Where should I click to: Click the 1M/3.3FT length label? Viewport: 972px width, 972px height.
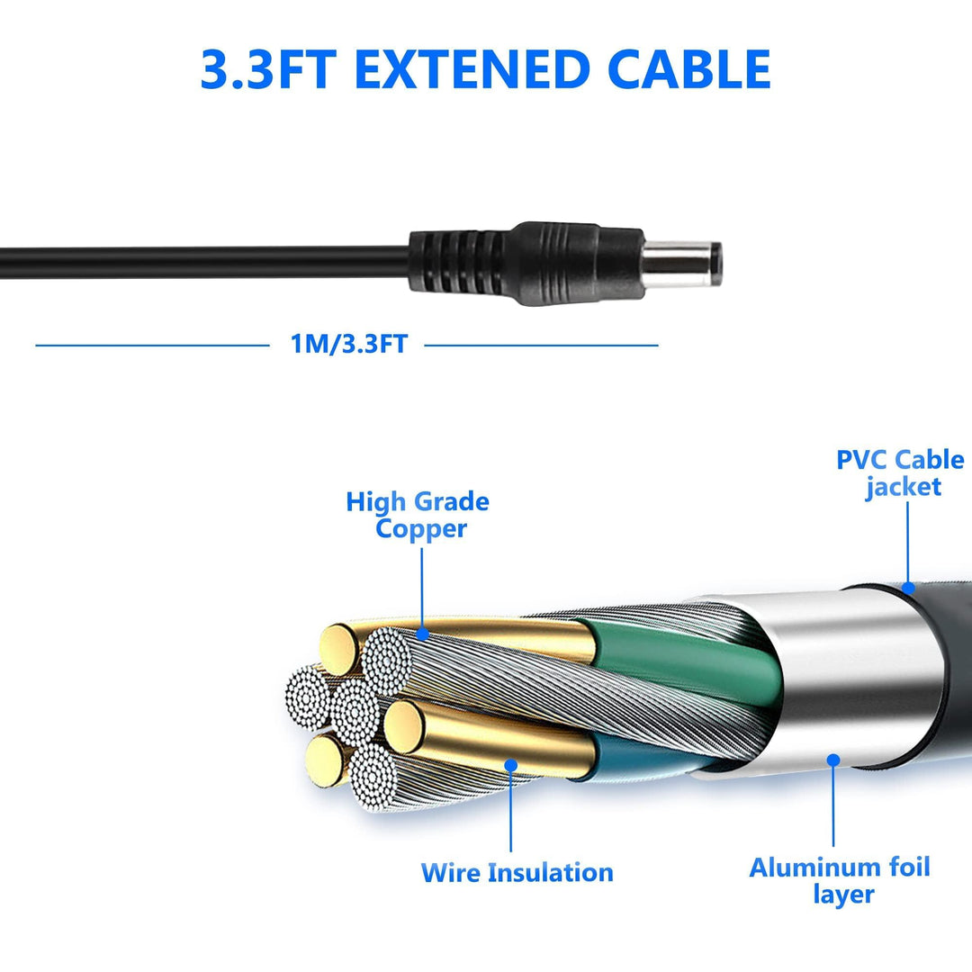[x=349, y=344]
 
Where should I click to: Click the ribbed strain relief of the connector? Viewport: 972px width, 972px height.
[x=459, y=263]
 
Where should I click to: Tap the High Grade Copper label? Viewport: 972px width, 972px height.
[x=418, y=516]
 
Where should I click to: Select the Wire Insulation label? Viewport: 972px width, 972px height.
[x=517, y=872]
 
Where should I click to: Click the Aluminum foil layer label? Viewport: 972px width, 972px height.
[x=840, y=881]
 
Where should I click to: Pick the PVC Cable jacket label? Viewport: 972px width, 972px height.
[x=900, y=473]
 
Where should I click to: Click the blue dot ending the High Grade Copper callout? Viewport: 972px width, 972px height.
[x=422, y=634]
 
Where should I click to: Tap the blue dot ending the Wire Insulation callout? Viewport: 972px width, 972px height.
[x=511, y=766]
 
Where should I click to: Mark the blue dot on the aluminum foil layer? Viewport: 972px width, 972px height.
[x=833, y=760]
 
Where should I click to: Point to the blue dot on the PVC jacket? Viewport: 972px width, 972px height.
[x=907, y=587]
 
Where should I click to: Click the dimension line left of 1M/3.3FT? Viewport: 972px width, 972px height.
[x=152, y=346]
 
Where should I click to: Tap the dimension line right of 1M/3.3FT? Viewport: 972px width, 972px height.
[x=541, y=346]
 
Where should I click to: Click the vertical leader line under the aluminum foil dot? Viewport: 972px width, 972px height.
[x=833, y=805]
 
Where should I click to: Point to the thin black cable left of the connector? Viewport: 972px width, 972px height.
[x=204, y=263]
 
